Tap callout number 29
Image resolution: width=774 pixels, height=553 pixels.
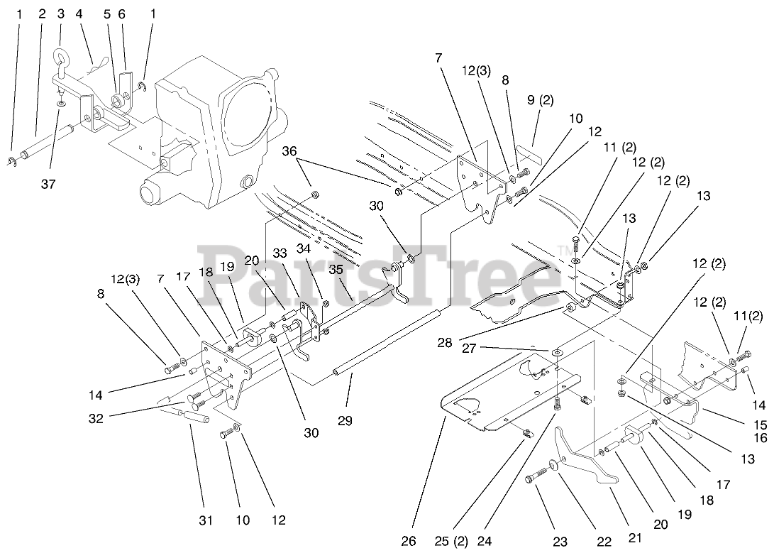[345, 421]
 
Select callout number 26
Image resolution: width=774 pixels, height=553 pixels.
[409, 541]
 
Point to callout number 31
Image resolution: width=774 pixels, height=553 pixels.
[206, 520]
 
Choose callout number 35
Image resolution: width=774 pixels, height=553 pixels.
[336, 269]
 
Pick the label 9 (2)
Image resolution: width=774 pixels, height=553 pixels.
[540, 100]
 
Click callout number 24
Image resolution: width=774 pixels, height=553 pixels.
[485, 541]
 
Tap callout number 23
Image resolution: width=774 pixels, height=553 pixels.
[560, 542]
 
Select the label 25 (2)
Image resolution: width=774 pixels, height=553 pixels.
[451, 541]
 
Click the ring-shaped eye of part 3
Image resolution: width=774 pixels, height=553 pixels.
[60, 55]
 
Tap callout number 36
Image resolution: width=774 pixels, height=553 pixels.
[289, 150]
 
